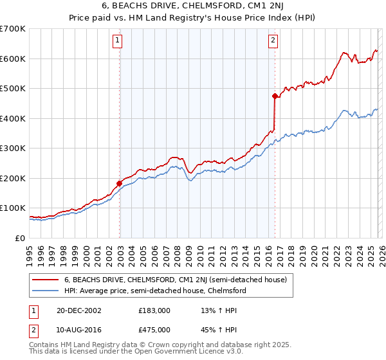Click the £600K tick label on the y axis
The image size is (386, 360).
coord(13,59)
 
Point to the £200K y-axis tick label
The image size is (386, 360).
coord(13,178)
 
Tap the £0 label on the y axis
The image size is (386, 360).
coord(21,238)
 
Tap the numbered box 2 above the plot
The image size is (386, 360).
coord(273,40)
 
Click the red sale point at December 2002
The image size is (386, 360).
coord(120,183)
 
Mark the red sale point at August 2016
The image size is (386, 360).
coord(275,96)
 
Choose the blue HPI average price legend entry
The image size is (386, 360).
coord(154,291)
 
